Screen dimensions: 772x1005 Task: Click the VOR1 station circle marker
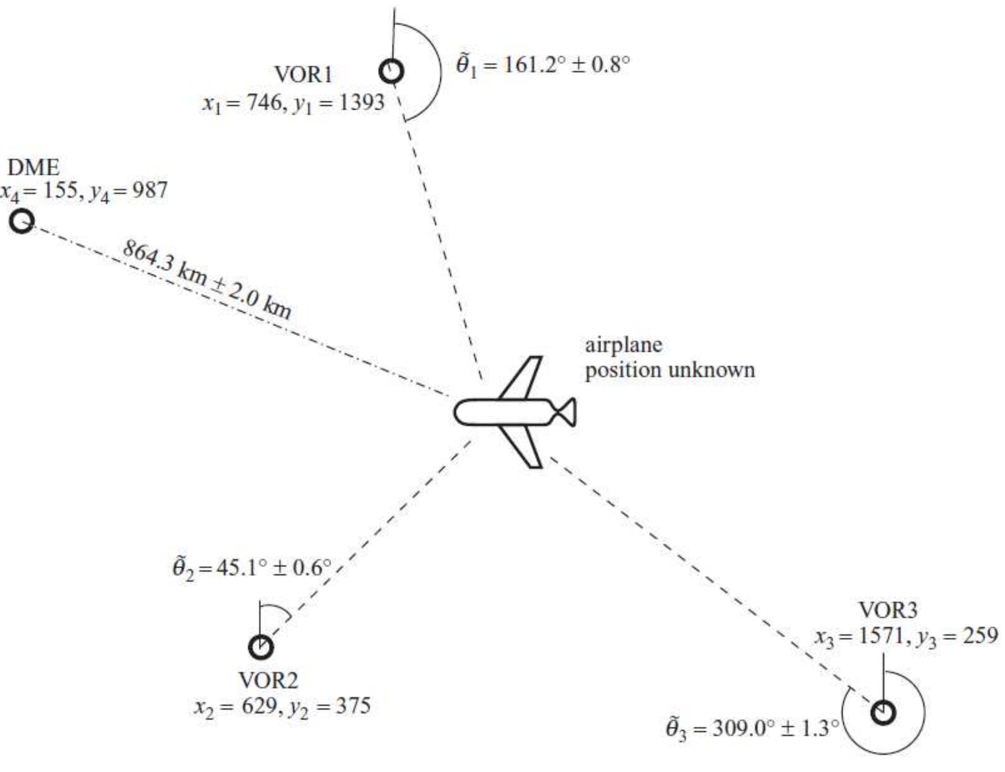coord(392,72)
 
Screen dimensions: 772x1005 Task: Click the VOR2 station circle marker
coord(261,647)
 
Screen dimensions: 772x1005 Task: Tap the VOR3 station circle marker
coord(883,712)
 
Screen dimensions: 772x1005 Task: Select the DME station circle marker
coord(22,221)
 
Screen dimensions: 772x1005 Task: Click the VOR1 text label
coord(303,75)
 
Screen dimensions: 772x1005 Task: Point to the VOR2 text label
coord(268,680)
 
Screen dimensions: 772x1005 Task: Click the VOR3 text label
coord(888,610)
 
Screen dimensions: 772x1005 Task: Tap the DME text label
coord(33,168)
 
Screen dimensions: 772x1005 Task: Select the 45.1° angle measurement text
coord(252,568)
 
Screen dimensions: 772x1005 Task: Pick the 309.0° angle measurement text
coord(752,728)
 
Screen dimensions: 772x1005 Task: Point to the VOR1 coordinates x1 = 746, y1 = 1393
coord(293,103)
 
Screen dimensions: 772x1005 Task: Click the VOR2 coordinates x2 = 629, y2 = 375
coord(282,707)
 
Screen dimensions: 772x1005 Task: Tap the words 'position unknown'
coord(669,370)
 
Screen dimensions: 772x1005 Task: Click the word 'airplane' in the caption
coord(623,345)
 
